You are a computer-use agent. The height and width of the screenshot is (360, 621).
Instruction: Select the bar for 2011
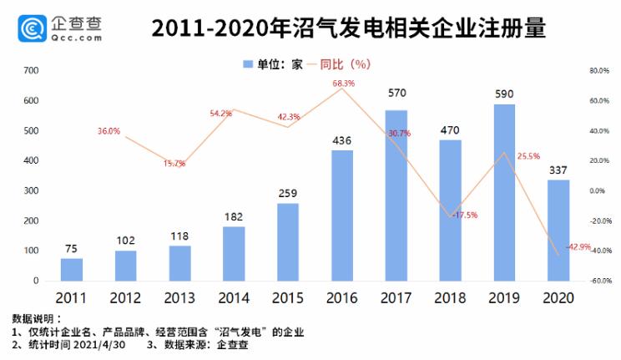(x=72, y=269)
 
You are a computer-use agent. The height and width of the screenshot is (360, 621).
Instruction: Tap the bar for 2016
(x=342, y=215)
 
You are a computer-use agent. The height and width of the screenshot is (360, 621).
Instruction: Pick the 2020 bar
(x=558, y=230)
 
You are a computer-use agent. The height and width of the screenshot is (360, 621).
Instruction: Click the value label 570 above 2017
(x=396, y=93)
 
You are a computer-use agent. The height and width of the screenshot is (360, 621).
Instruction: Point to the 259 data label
(x=288, y=193)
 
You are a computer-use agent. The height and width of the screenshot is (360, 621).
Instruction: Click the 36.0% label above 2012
(x=109, y=131)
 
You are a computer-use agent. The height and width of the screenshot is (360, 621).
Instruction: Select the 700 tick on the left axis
(x=31, y=71)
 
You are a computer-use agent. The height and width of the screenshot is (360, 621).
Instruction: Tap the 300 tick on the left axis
(x=31, y=190)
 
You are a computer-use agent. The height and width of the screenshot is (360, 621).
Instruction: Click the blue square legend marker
(x=247, y=63)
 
